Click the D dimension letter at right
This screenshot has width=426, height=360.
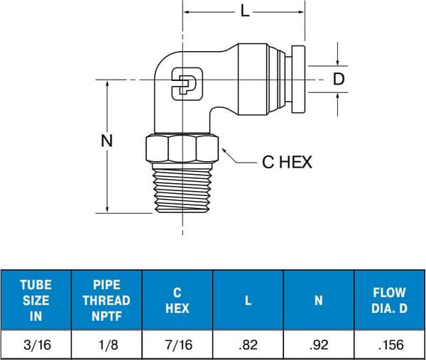click(339, 79)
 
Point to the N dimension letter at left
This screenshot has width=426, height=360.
click(107, 141)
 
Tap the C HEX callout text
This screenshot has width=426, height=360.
click(287, 163)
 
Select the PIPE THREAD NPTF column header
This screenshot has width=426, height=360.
click(106, 300)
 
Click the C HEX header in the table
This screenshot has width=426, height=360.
click(177, 300)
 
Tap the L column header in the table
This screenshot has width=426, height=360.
click(248, 300)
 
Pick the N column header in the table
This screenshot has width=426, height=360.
click(319, 300)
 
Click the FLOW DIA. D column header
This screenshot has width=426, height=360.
click(389, 300)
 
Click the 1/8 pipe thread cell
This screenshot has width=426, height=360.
click(106, 345)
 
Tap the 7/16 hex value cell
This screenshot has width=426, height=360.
click(177, 345)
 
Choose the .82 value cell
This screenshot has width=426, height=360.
click(248, 345)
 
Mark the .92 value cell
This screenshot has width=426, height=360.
click(319, 345)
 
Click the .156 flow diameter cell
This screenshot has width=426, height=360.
click(389, 345)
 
